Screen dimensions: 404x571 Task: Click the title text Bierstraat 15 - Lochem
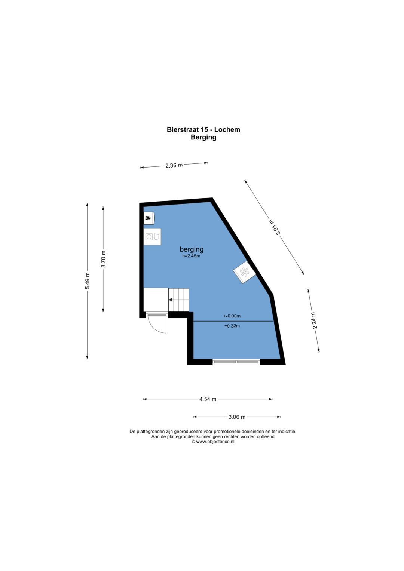[203, 129]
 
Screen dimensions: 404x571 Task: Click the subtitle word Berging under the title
[203, 137]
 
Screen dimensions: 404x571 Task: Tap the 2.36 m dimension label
[174, 165]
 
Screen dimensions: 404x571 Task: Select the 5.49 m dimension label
[88, 281]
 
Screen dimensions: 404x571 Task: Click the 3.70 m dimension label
[103, 259]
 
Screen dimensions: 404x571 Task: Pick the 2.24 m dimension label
[315, 320]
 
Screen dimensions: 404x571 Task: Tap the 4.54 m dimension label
[208, 399]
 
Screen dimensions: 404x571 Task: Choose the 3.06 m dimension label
[236, 417]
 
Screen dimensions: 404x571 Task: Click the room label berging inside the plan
[191, 249]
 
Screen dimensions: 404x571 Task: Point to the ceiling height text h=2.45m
[191, 256]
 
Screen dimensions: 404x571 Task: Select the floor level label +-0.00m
[232, 316]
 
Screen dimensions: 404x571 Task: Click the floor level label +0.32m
[232, 326]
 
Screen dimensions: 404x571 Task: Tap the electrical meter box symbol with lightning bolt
[149, 218]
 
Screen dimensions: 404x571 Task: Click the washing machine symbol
[152, 237]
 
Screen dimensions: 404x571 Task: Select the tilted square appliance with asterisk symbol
[245, 272]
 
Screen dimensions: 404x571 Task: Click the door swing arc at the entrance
[160, 328]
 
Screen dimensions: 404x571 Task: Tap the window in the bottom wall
[236, 362]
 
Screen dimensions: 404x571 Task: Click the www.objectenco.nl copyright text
[213, 442]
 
